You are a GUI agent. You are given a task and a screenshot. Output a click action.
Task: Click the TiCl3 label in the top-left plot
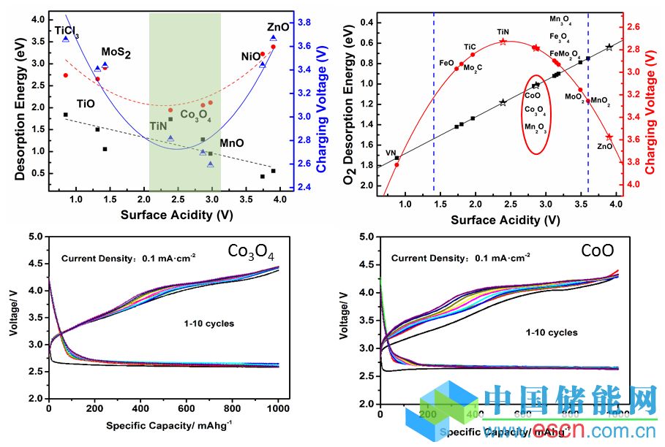pyautogui.click(x=67, y=32)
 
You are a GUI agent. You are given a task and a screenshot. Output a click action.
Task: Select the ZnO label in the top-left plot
pyautogui.click(x=279, y=27)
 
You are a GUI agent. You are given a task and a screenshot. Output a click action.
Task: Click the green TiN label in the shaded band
pyautogui.click(x=159, y=126)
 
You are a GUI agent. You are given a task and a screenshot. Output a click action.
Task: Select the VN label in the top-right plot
pyautogui.click(x=391, y=153)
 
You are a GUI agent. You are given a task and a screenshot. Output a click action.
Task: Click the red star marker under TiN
pyautogui.click(x=503, y=42)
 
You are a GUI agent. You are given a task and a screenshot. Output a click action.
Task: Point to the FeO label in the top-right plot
pyautogui.click(x=446, y=63)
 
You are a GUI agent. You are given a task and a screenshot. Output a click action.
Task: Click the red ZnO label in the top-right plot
pyautogui.click(x=605, y=146)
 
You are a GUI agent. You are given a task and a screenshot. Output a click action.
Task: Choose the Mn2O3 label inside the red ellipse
pyautogui.click(x=536, y=127)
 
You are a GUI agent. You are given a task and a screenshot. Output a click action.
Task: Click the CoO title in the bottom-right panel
pyautogui.click(x=593, y=252)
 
